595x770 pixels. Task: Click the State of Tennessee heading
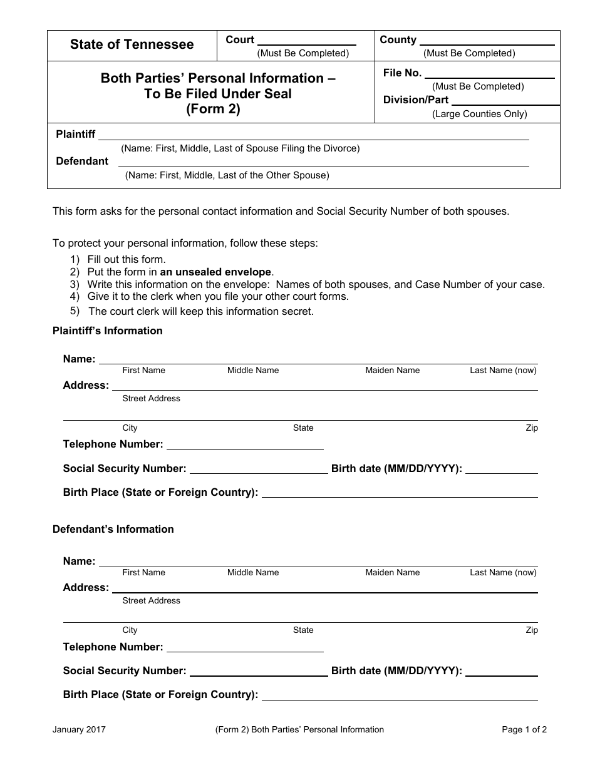click(x=132, y=44)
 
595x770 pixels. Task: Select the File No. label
click(x=402, y=73)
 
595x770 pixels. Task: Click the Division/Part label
click(x=416, y=100)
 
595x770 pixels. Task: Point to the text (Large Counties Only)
click(x=479, y=114)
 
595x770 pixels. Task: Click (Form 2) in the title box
click(x=213, y=109)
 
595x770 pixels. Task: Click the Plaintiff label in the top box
click(x=76, y=134)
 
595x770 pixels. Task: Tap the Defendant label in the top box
click(x=82, y=161)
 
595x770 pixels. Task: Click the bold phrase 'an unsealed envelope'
click(x=215, y=272)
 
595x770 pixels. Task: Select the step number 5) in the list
click(x=75, y=311)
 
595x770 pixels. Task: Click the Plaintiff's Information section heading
click(x=108, y=331)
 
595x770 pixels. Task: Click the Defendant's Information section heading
click(x=113, y=529)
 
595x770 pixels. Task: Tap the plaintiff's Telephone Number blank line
click(x=245, y=448)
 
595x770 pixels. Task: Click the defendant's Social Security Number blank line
click(x=259, y=674)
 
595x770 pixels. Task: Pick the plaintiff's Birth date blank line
click(x=502, y=472)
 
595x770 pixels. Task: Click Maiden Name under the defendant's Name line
click(x=393, y=572)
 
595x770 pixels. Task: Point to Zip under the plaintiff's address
click(x=532, y=428)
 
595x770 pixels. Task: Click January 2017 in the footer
click(x=79, y=729)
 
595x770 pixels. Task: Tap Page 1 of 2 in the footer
click(x=524, y=729)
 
